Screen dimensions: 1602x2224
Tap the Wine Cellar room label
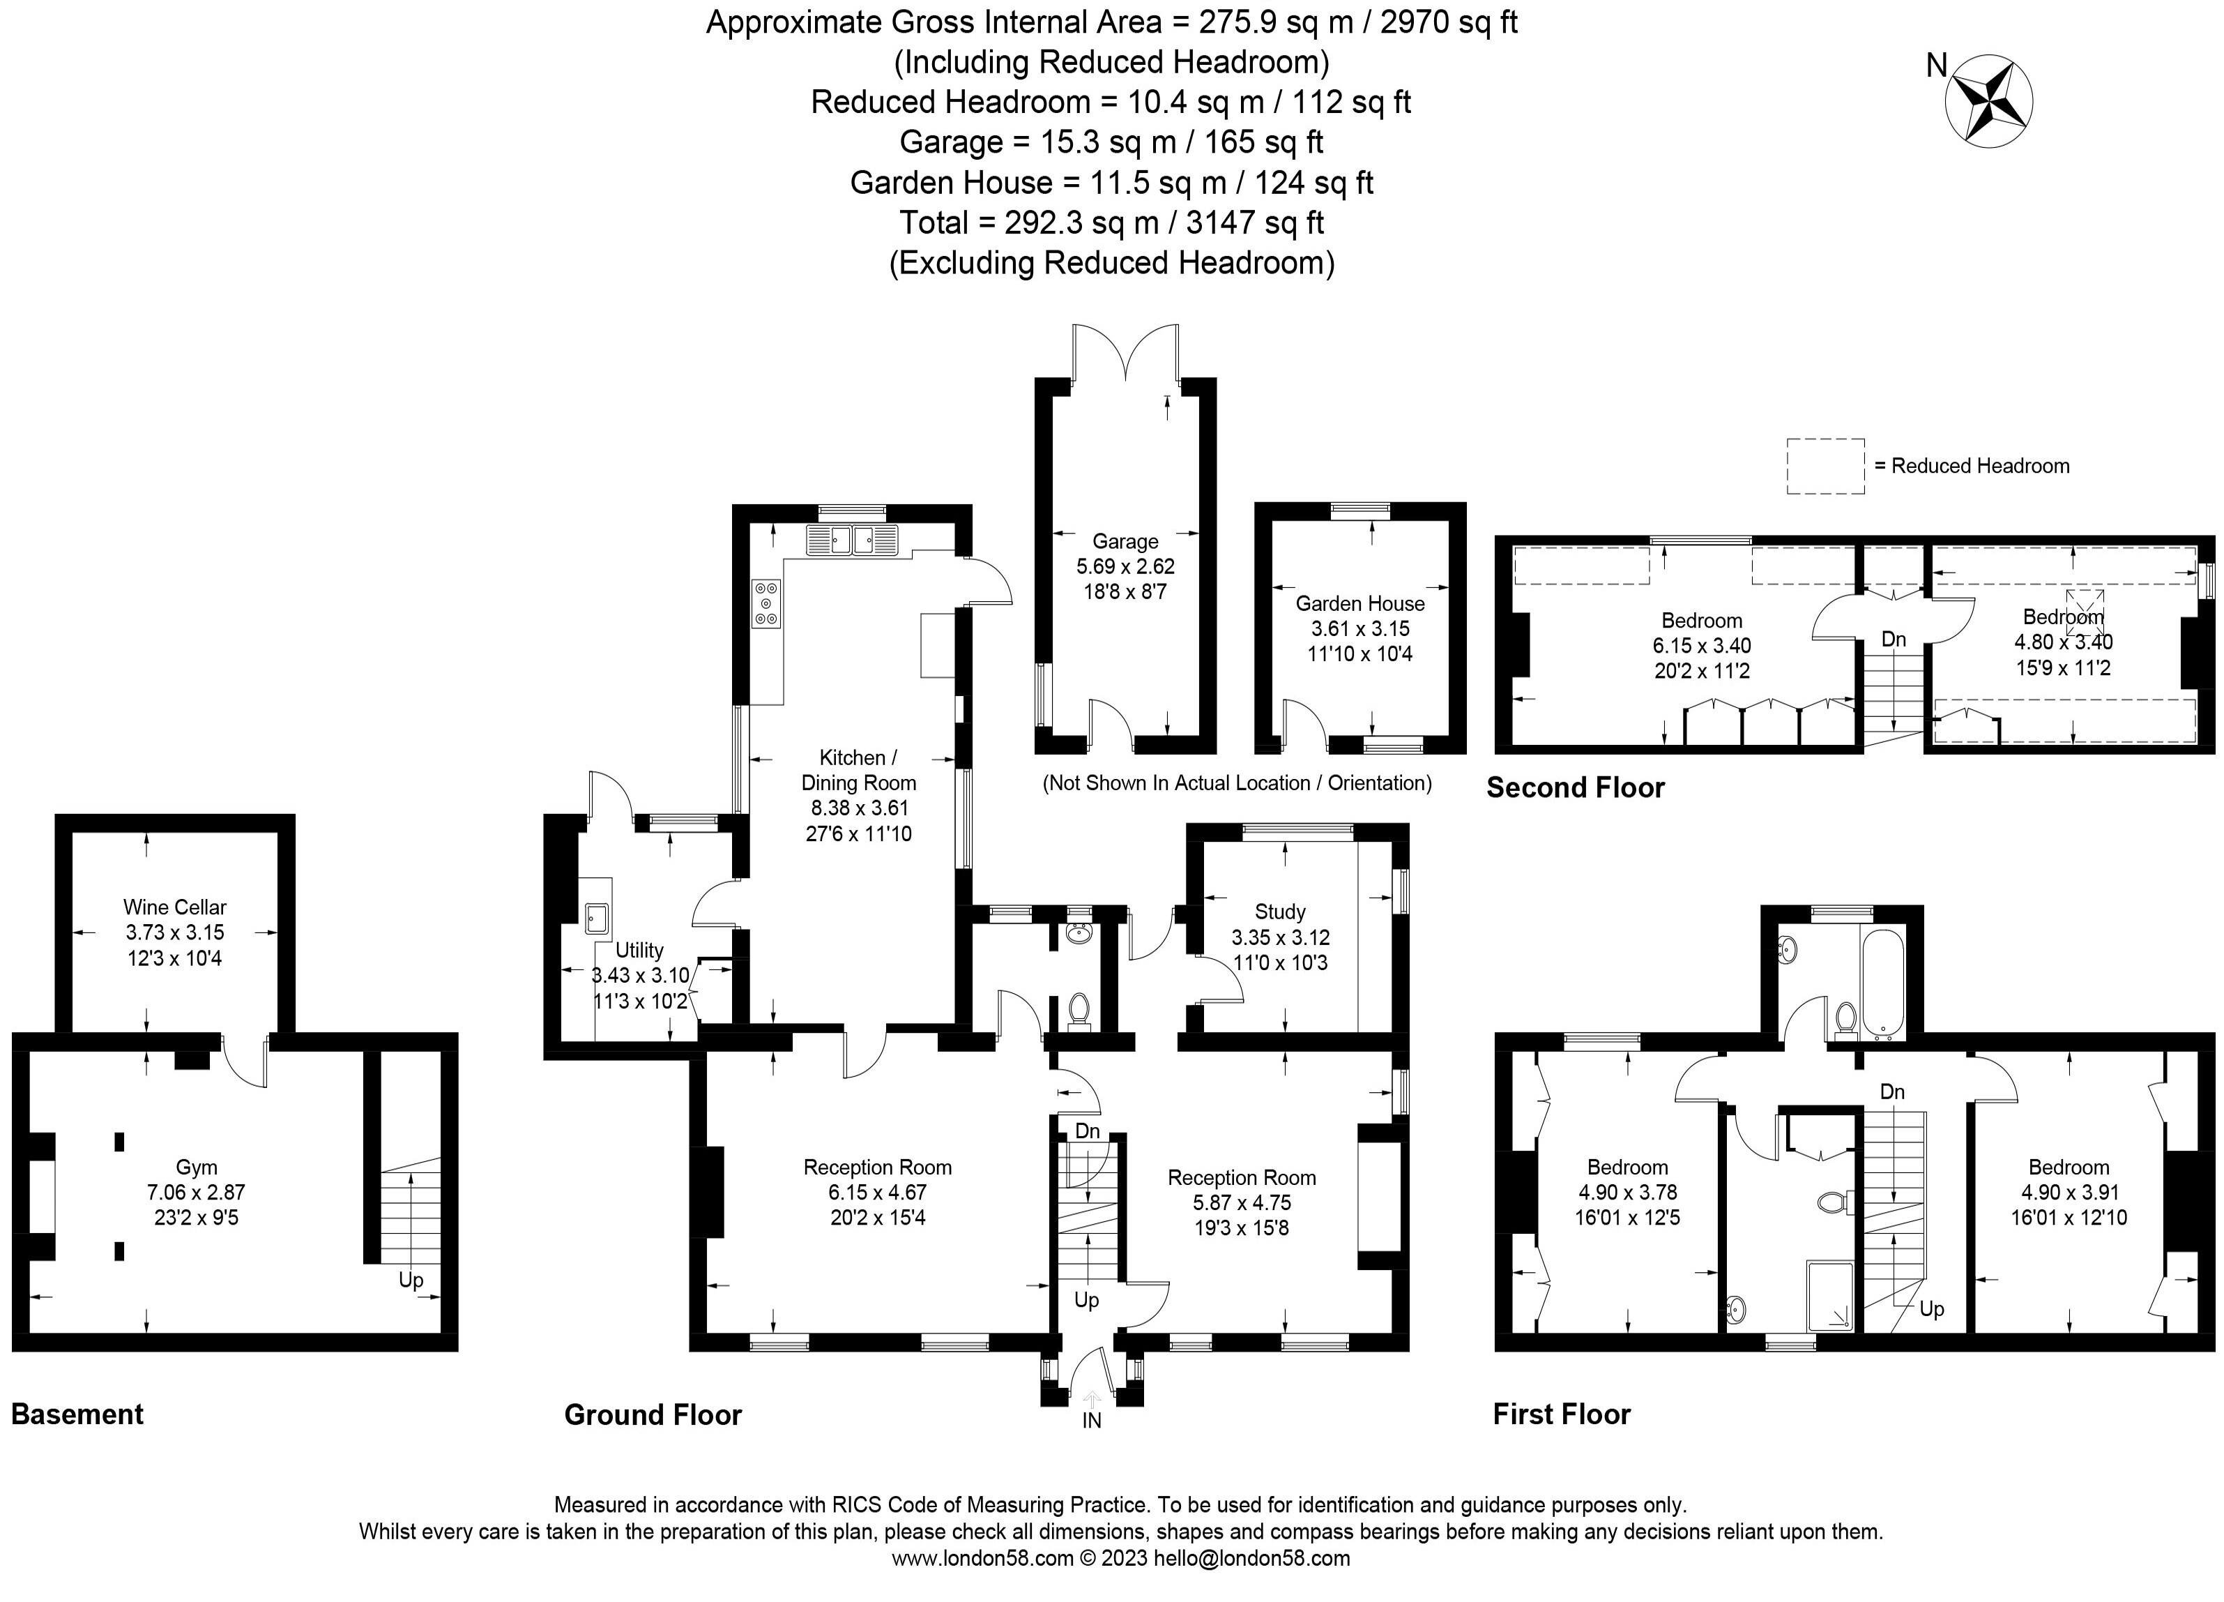pos(174,907)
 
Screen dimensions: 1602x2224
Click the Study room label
pos(1280,912)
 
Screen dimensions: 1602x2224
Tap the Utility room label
pos(639,950)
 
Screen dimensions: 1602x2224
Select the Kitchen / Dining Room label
pos(858,770)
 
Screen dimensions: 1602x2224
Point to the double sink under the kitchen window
pos(852,541)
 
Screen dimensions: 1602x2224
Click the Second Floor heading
pos(1575,788)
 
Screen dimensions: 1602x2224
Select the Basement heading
pos(77,1414)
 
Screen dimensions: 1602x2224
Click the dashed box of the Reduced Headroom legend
pos(1825,466)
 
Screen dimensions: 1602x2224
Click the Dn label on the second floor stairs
pos(1894,640)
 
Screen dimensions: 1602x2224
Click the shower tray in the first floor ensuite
pos(1829,1296)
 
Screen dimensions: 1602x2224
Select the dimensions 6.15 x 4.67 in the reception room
pos(876,1193)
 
